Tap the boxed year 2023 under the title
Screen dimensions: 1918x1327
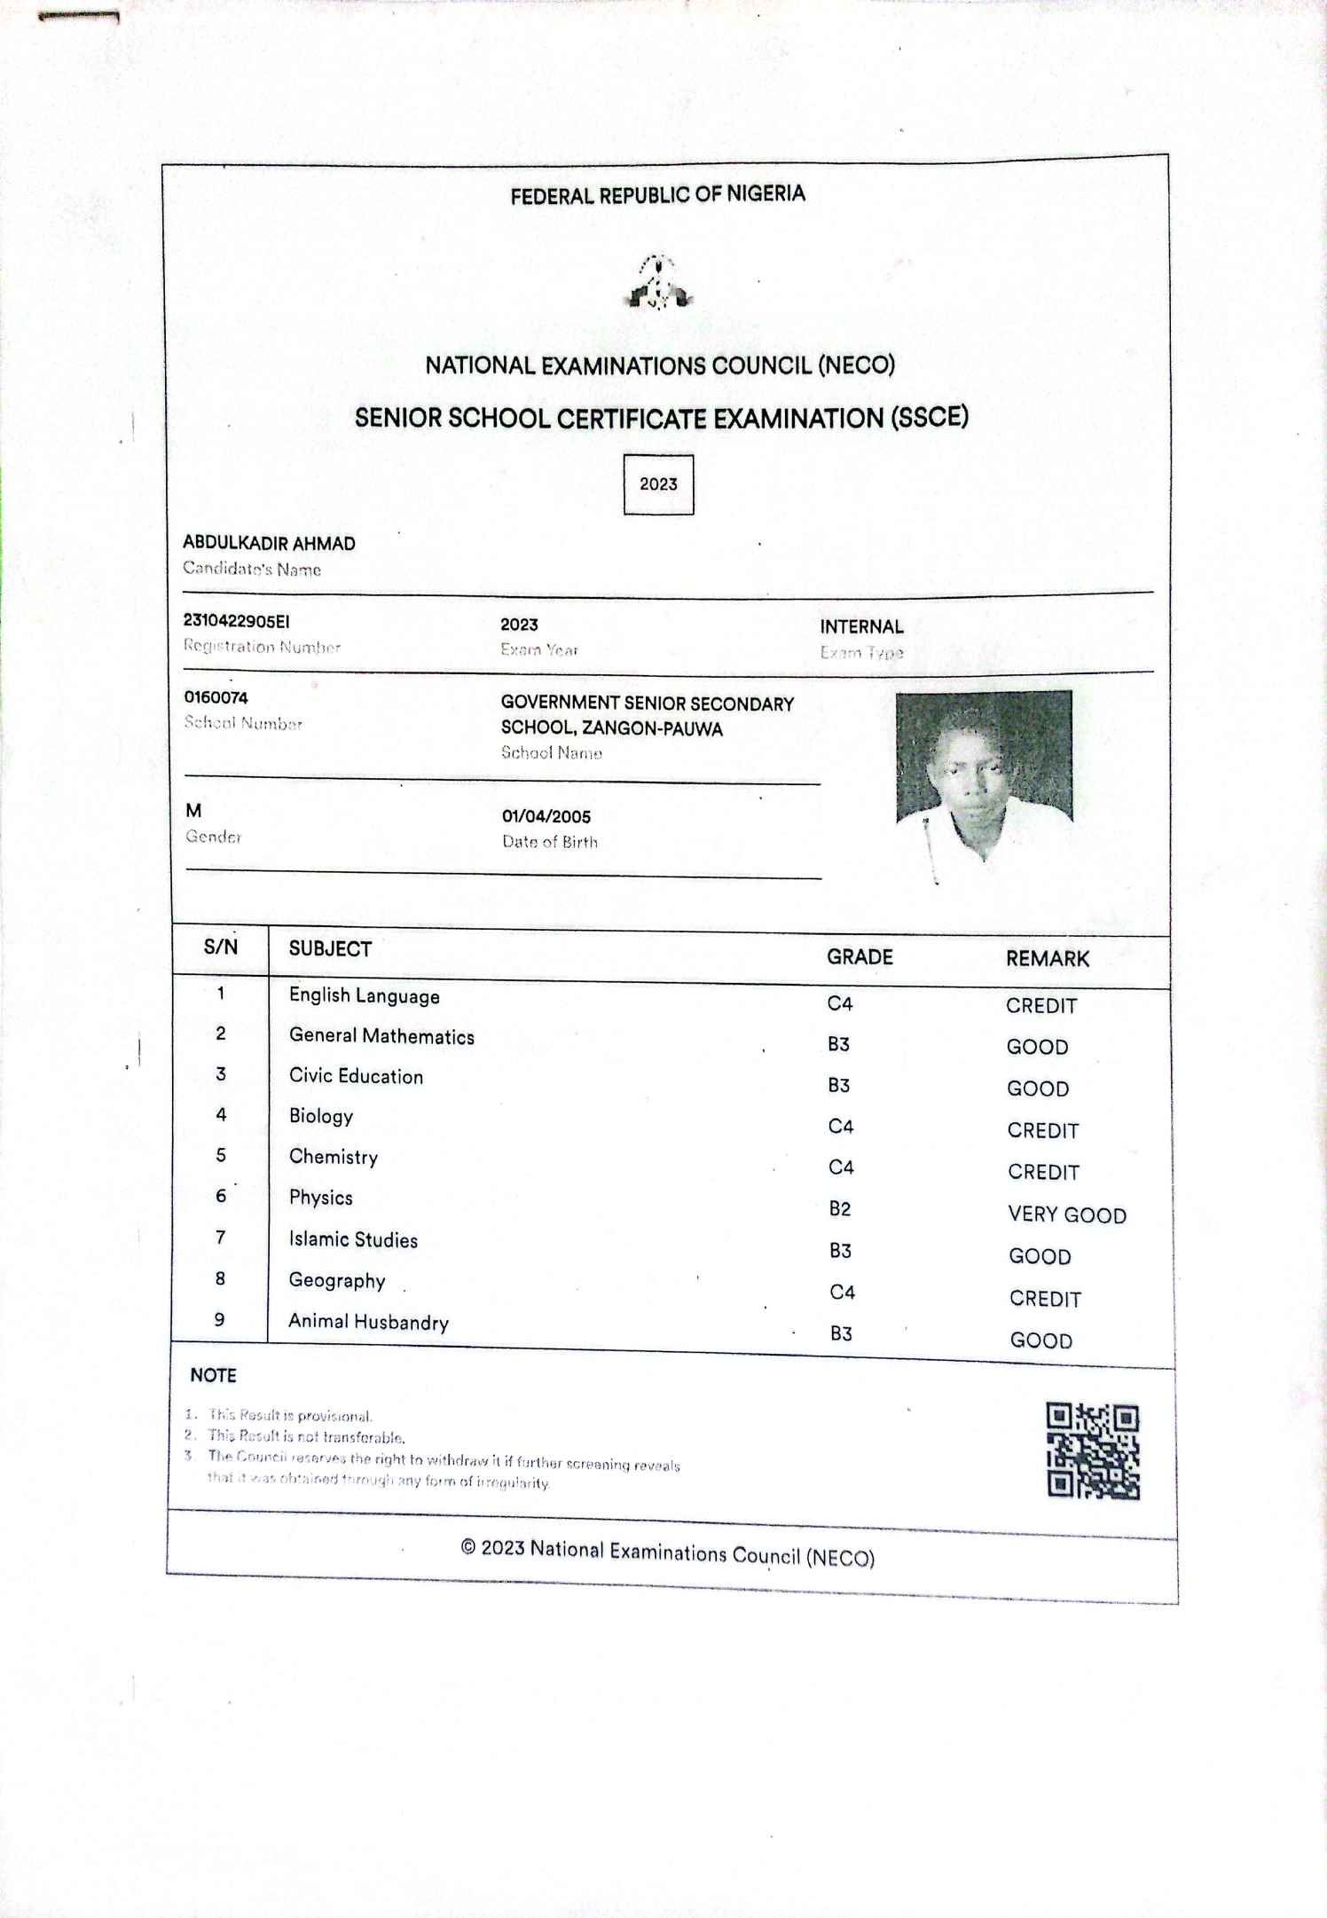pyautogui.click(x=658, y=484)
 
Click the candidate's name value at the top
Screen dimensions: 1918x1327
pyautogui.click(x=269, y=544)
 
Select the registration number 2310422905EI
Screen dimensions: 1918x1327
pyautogui.click(x=236, y=621)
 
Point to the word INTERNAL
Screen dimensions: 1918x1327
pyautogui.click(x=861, y=627)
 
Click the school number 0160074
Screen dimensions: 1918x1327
pyautogui.click(x=216, y=698)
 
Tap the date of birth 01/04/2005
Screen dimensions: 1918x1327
pyautogui.click(x=546, y=817)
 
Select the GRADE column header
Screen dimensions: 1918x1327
pyautogui.click(x=860, y=957)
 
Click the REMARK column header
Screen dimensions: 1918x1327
pyautogui.click(x=1048, y=959)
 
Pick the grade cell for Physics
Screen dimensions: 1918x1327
pyautogui.click(x=840, y=1209)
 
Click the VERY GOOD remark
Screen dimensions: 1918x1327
pyautogui.click(x=1067, y=1215)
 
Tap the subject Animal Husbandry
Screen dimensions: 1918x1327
pyautogui.click(x=369, y=1322)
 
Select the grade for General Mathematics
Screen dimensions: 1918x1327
pyautogui.click(x=838, y=1044)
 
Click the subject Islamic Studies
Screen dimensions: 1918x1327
pyautogui.click(x=353, y=1239)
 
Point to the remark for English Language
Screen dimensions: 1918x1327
pyautogui.click(x=1041, y=1006)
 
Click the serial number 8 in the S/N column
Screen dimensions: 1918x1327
pyautogui.click(x=220, y=1278)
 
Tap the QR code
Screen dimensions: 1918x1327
pyautogui.click(x=1093, y=1451)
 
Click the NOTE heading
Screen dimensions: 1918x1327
pyautogui.click(x=213, y=1376)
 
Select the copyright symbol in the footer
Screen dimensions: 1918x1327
pyautogui.click(x=468, y=1548)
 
